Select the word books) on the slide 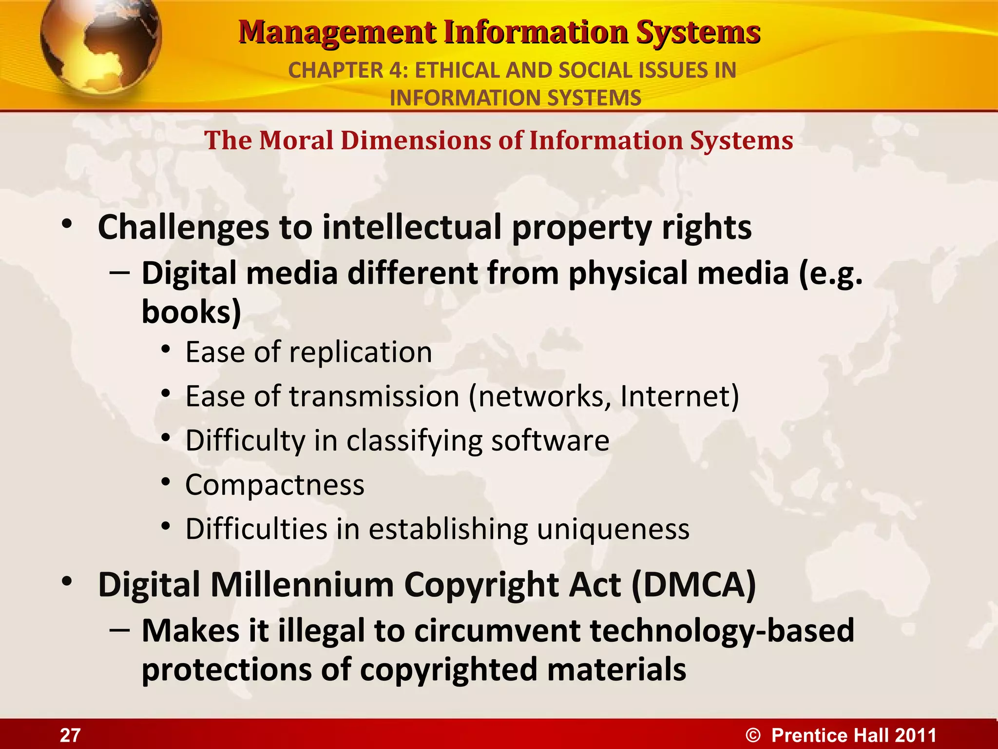coord(192,312)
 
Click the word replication coord(361,353)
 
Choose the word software coord(550,441)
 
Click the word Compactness coord(275,485)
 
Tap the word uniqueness coord(613,529)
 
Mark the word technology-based coord(722,631)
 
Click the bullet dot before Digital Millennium coord(67,582)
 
